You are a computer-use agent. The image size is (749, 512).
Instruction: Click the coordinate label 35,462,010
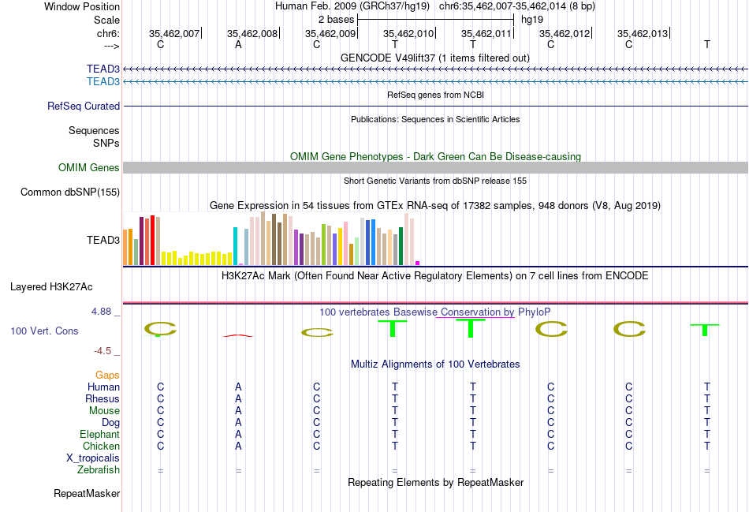(408, 33)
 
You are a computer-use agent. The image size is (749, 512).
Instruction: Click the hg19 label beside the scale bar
(532, 19)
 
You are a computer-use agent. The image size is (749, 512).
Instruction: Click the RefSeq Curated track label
(84, 106)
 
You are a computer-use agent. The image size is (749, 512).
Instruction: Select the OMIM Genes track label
(89, 167)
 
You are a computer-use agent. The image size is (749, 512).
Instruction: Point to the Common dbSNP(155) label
(70, 192)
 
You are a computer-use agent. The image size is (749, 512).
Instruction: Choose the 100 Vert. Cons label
(44, 331)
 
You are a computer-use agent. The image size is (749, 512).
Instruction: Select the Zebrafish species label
(99, 470)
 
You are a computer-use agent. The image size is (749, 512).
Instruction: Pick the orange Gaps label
(107, 375)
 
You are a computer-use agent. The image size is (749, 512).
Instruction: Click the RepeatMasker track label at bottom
(87, 494)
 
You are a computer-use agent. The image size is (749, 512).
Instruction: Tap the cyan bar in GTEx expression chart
(236, 245)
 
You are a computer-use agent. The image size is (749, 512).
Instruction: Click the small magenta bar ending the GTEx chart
(418, 263)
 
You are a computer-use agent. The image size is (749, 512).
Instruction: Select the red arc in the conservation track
(238, 335)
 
